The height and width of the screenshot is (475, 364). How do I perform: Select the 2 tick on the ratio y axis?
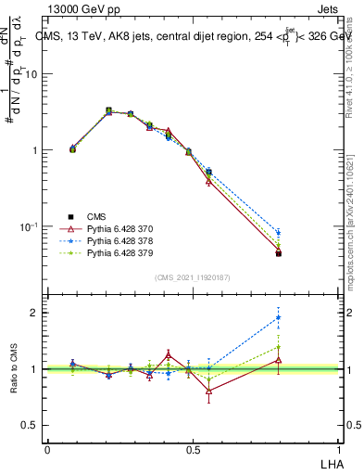(x=35, y=313)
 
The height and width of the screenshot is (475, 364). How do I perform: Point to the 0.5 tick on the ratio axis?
(x=31, y=425)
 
